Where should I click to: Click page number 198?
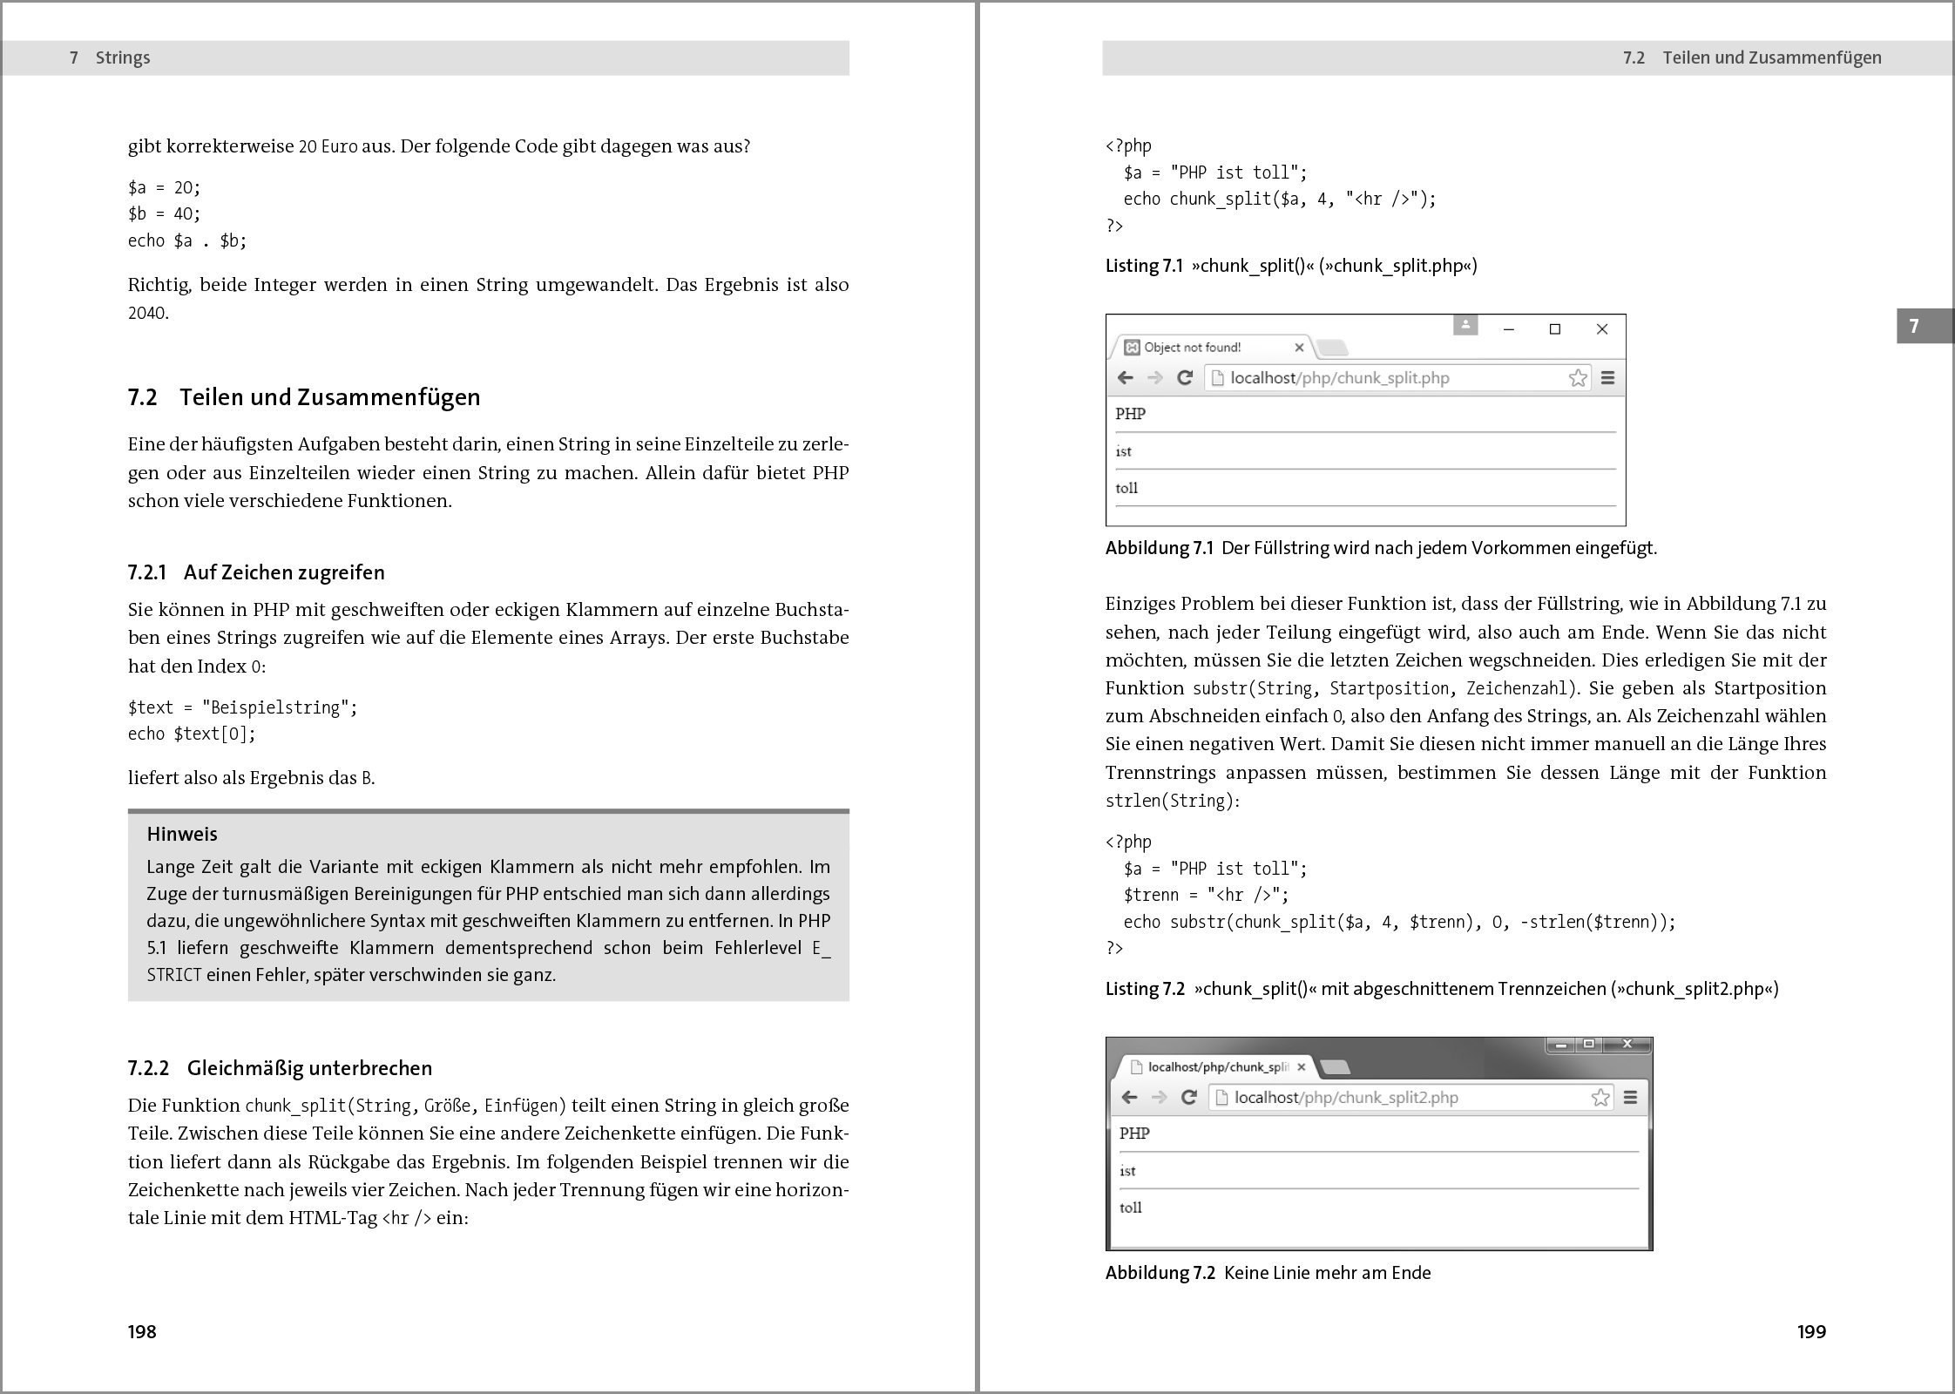coord(142,1331)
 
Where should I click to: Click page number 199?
coord(1811,1331)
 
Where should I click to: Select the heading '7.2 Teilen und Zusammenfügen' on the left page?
coord(304,397)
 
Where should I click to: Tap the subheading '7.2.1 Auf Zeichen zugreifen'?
coord(256,572)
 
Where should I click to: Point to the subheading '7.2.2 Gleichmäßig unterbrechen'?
coord(280,1068)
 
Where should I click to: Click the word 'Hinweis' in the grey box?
coord(182,834)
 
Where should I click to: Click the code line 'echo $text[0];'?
coord(192,734)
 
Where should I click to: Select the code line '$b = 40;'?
coord(164,213)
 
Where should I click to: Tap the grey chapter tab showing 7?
coord(1915,326)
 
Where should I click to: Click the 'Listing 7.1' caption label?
coord(1144,266)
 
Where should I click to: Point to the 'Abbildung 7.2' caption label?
coord(1160,1273)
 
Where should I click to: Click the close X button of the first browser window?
coord(1601,329)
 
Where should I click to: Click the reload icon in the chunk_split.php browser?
coord(1184,378)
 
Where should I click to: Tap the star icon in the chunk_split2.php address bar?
coord(1600,1098)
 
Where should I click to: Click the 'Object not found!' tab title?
coord(1192,348)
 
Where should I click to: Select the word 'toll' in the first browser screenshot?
coord(1126,488)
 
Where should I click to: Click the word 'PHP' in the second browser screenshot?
coord(1134,1133)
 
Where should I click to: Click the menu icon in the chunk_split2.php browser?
coord(1630,1098)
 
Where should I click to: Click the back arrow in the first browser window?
coord(1126,378)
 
